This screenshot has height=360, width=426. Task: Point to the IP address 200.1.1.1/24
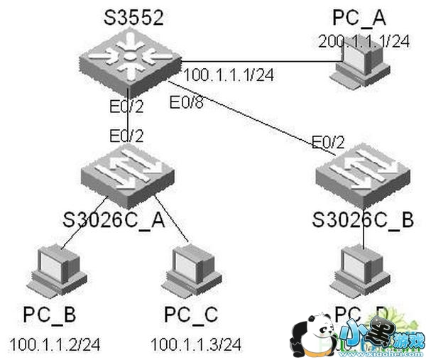[364, 41]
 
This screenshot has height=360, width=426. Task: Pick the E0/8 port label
[186, 103]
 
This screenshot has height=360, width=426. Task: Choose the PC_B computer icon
[51, 269]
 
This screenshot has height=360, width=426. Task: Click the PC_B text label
[49, 313]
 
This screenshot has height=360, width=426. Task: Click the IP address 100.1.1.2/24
[55, 345]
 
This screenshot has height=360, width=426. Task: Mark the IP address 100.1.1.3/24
[196, 345]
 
